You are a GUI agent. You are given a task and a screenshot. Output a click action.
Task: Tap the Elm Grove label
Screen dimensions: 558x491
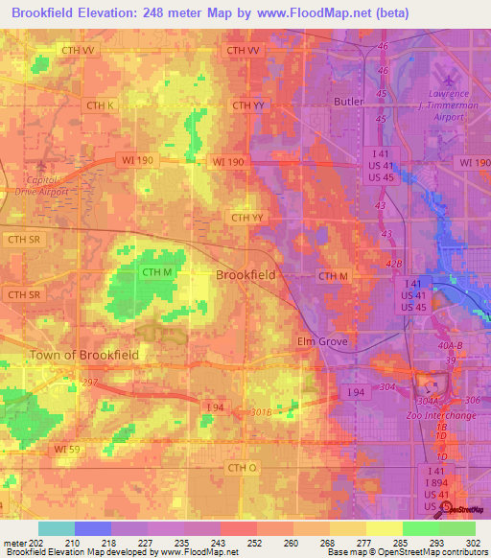pyautogui.click(x=320, y=341)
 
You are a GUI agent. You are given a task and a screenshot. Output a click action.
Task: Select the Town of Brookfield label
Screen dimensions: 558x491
pyautogui.click(x=83, y=355)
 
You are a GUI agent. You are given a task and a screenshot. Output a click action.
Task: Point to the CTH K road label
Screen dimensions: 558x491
pyautogui.click(x=100, y=105)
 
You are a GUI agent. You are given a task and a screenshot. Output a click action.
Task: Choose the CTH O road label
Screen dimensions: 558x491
pyautogui.click(x=243, y=467)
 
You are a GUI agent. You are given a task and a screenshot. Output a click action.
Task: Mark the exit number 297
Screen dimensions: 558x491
pyautogui.click(x=90, y=382)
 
